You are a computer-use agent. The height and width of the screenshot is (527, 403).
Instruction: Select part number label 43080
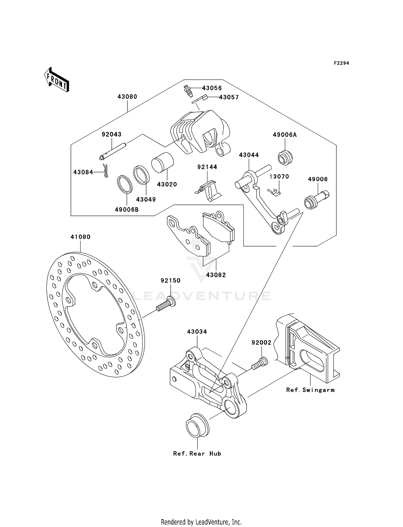point(127,97)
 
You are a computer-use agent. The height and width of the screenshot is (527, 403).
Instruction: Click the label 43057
point(229,97)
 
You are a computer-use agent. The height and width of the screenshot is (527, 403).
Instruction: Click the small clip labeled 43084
point(106,171)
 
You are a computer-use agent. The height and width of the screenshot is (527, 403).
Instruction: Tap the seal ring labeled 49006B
point(125,184)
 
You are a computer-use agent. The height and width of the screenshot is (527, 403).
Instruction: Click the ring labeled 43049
point(142,175)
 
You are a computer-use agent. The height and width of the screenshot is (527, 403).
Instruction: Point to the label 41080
point(80,237)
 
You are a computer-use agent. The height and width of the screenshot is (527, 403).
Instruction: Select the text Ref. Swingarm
point(310,390)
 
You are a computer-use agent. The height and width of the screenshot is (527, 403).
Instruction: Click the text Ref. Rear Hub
point(197,454)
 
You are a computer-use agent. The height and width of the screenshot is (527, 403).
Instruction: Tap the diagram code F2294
point(341,63)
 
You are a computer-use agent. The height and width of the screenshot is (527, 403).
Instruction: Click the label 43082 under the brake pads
point(216,275)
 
